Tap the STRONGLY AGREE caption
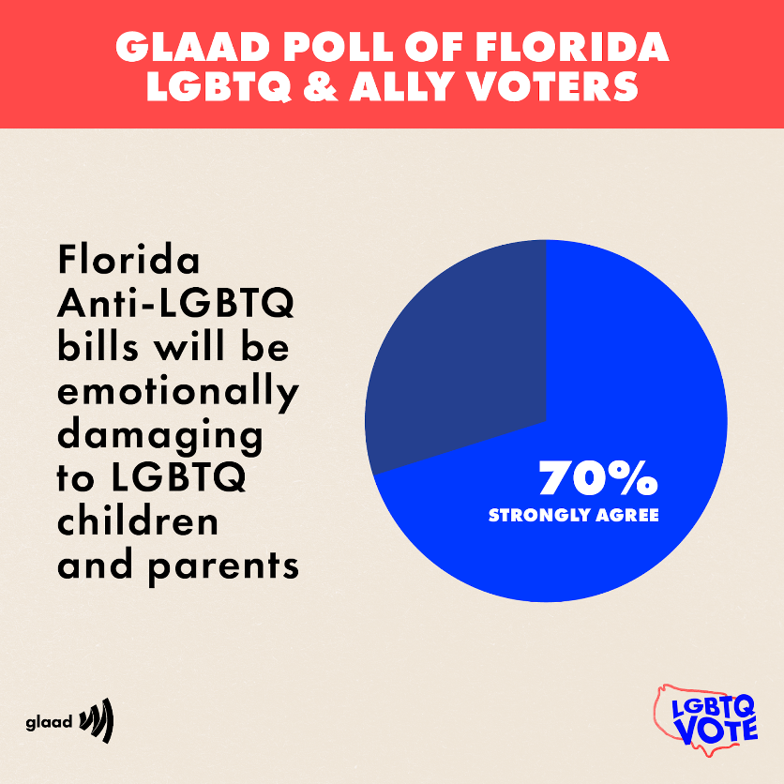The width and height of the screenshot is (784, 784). coord(573,515)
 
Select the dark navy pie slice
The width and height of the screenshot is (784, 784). coord(460,356)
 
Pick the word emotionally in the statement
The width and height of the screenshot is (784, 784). coord(177,391)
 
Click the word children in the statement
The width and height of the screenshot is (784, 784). coord(138,520)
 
